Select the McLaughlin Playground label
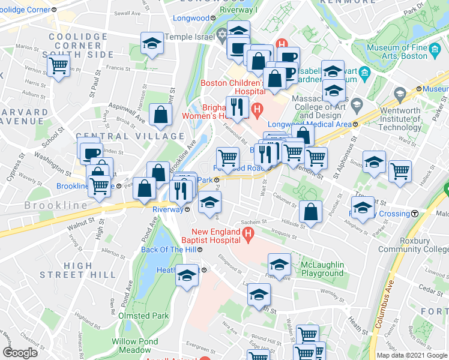(x=314, y=269)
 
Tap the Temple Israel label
(x=190, y=37)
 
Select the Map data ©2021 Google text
(x=412, y=355)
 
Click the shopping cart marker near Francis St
(x=58, y=65)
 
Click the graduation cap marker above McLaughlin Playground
(x=279, y=264)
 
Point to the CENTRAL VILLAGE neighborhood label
(x=130, y=136)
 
